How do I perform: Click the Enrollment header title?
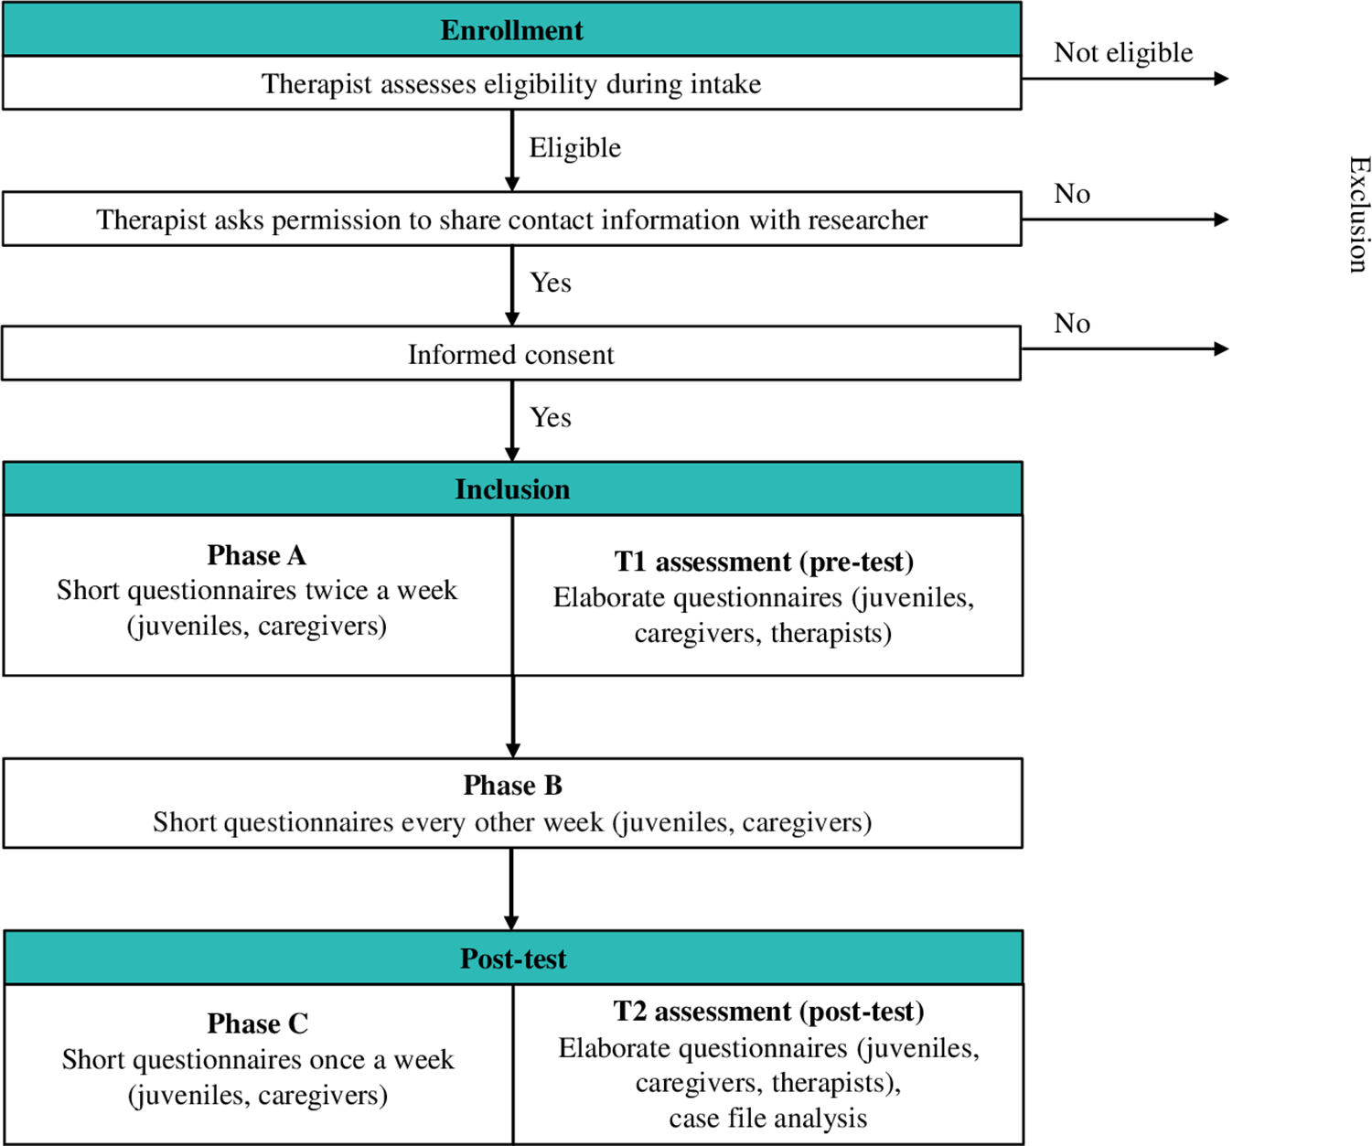tap(511, 30)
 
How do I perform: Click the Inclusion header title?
tap(512, 489)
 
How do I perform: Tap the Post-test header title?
tap(513, 959)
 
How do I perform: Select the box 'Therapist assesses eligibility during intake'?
tap(512, 83)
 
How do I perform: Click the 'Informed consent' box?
tap(511, 354)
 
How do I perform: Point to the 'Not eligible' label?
tap(1123, 52)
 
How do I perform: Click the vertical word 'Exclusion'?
tap(1357, 214)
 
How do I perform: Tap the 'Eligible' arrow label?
tap(575, 148)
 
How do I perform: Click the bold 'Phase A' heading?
tap(256, 555)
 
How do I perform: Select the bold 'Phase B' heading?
tap(512, 786)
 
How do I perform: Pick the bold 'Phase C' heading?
tap(258, 1023)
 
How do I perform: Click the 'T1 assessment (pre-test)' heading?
tap(764, 562)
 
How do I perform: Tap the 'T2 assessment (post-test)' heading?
tap(768, 1012)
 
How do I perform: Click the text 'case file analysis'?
tap(767, 1118)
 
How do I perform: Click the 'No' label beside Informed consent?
tap(1072, 323)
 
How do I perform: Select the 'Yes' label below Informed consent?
tap(551, 418)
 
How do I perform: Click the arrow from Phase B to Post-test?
tap(512, 889)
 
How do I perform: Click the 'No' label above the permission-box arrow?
tap(1072, 194)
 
